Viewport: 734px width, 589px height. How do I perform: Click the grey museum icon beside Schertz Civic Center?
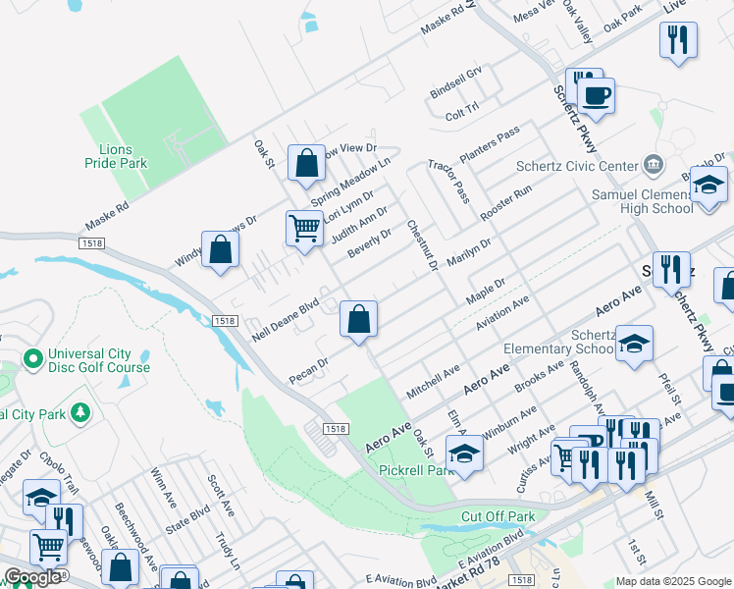coord(652,163)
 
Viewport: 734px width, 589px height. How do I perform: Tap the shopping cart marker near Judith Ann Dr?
coord(305,228)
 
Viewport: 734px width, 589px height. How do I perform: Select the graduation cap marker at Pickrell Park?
coord(464,454)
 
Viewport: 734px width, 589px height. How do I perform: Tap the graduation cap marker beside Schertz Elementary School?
coord(634,344)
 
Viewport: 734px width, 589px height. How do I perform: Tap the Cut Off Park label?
coord(498,516)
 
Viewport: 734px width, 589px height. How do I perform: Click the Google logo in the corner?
coord(32,577)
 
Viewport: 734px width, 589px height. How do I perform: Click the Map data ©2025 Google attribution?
coord(672,581)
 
